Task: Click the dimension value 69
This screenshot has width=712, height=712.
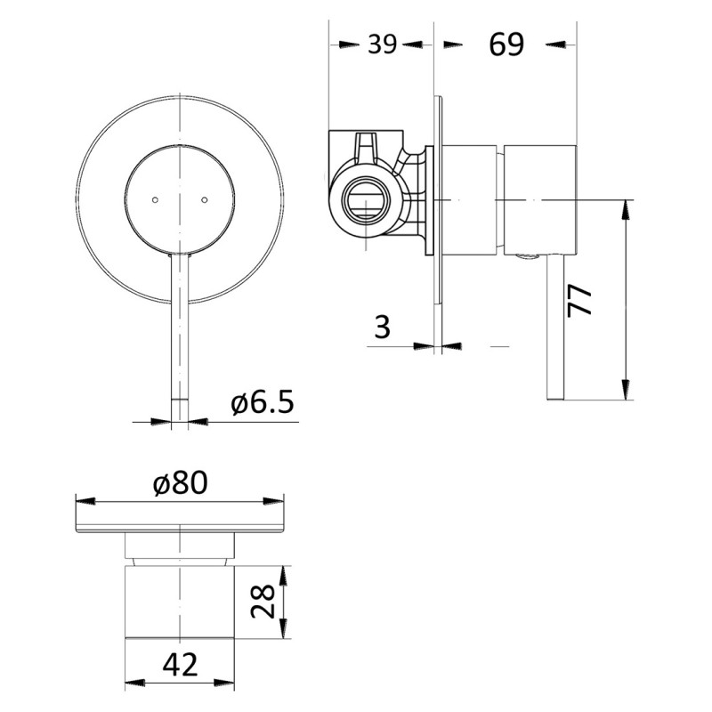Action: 506,44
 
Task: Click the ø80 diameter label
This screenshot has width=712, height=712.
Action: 180,482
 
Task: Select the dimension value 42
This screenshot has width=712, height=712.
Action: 180,663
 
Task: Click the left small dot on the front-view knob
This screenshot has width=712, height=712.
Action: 155,199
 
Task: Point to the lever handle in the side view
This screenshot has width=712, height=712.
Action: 554,329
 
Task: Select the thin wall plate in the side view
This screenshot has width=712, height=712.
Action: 438,222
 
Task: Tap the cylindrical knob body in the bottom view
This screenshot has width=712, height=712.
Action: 180,602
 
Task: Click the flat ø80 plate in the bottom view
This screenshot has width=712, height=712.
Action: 180,516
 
